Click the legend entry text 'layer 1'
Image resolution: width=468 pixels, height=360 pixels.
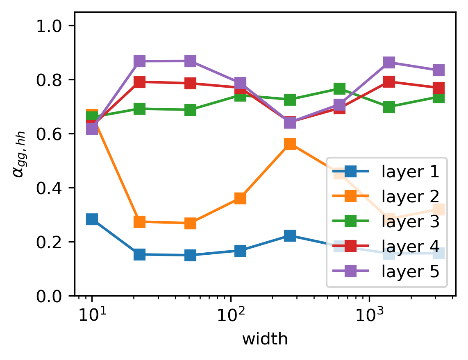[410, 172]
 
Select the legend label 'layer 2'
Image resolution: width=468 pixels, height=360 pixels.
[410, 197]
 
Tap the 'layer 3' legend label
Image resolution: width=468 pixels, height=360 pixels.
[410, 222]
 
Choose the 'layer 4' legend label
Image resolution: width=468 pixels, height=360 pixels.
[410, 247]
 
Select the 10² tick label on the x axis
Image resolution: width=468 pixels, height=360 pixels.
[230, 316]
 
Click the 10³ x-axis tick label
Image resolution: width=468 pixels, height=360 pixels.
[369, 316]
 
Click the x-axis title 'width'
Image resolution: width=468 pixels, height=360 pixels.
[265, 339]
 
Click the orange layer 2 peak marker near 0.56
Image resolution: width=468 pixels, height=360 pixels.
[290, 144]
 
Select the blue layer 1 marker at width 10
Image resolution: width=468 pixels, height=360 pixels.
[92, 219]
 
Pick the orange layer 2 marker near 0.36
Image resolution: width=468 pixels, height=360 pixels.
[240, 199]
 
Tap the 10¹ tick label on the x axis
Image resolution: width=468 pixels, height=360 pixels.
[91, 316]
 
